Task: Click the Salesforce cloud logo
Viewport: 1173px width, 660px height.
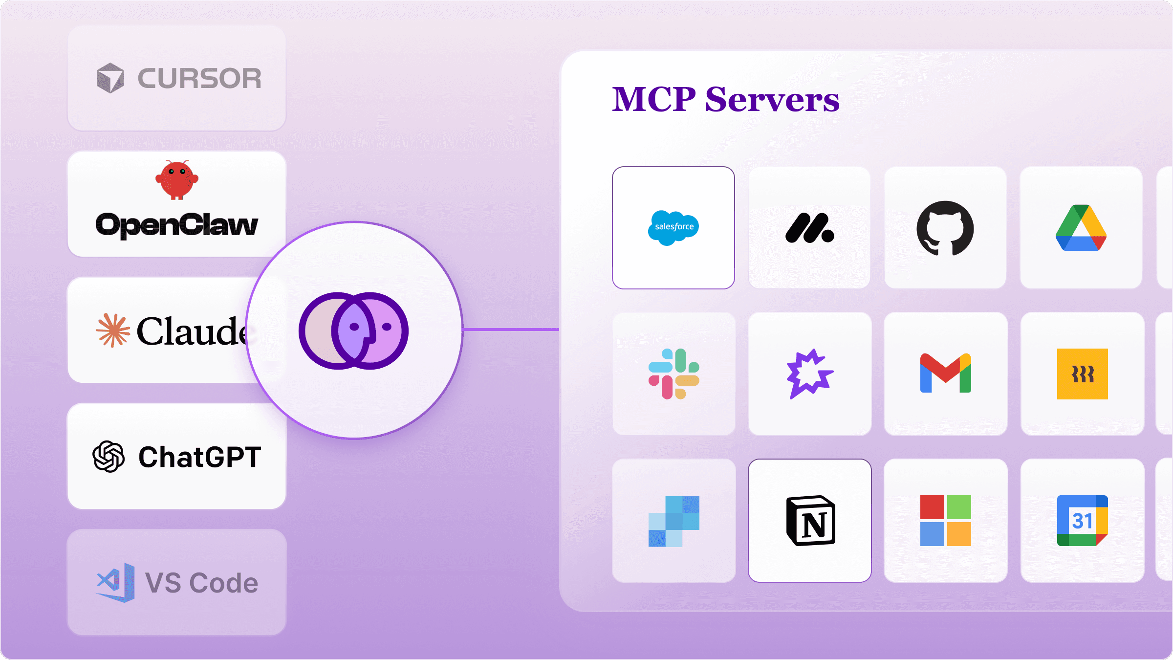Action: (673, 228)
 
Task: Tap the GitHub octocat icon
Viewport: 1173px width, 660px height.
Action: (945, 228)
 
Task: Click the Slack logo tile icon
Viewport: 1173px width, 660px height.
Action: (673, 374)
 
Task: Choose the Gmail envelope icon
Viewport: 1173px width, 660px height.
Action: (945, 374)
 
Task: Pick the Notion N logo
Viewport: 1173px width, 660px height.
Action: (810, 521)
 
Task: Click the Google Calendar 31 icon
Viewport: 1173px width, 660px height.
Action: (1082, 521)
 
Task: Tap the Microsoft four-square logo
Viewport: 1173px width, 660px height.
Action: (945, 521)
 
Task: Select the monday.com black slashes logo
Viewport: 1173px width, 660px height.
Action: (809, 228)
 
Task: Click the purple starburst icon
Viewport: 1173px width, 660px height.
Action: (809, 374)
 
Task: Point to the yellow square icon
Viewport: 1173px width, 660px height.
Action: (1082, 374)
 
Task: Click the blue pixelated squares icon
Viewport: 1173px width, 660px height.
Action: (673, 521)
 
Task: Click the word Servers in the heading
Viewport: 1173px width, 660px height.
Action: (772, 100)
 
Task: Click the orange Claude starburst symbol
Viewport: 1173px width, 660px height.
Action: (113, 330)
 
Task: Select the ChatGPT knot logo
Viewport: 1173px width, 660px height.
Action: (109, 457)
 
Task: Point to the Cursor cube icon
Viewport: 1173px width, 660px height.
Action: (110, 78)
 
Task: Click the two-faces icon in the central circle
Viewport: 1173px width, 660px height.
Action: (353, 330)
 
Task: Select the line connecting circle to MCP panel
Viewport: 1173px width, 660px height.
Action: (511, 330)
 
